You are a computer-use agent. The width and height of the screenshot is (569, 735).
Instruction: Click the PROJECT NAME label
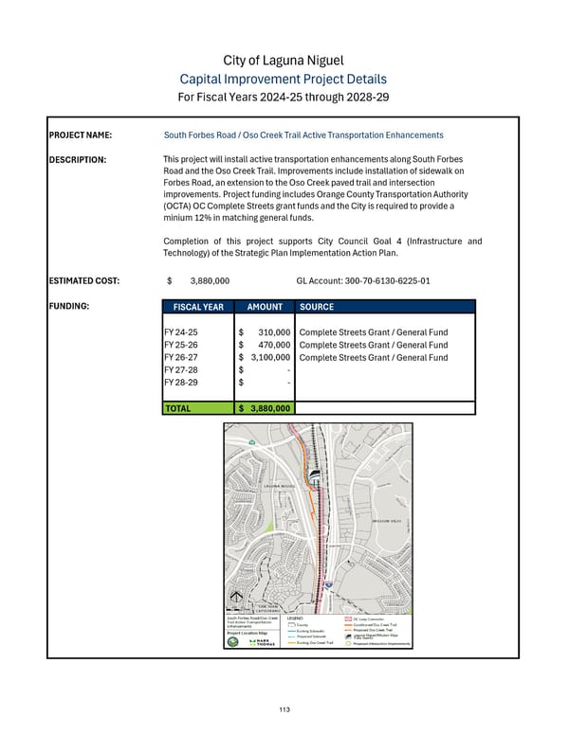tap(82, 135)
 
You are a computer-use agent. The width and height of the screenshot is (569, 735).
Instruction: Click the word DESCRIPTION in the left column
tap(78, 159)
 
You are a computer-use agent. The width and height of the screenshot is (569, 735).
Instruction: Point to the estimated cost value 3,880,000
tap(210, 281)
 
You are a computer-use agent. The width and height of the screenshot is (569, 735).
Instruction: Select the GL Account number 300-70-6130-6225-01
tap(363, 281)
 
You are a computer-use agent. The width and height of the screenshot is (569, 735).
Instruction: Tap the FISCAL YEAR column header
tap(198, 308)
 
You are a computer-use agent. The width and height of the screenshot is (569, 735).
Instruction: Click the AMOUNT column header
tap(265, 308)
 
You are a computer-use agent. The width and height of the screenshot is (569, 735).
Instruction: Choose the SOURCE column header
tap(316, 308)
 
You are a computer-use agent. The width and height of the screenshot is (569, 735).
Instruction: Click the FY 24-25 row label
tap(180, 332)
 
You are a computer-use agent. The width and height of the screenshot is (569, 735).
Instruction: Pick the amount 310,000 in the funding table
tap(273, 332)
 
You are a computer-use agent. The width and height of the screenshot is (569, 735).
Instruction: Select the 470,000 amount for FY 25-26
tap(273, 345)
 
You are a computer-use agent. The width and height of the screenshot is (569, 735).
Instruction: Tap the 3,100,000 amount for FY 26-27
tap(269, 357)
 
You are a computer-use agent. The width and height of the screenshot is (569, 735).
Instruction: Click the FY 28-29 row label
tap(180, 382)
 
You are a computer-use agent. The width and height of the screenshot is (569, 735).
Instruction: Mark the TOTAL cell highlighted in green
tap(178, 408)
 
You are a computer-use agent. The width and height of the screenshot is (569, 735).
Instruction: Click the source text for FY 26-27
tap(373, 357)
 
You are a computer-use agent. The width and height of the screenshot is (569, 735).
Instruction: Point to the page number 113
tap(284, 710)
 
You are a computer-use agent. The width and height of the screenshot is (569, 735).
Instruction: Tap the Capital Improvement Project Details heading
tap(284, 80)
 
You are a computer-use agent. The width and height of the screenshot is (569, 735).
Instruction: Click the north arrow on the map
tap(237, 596)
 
